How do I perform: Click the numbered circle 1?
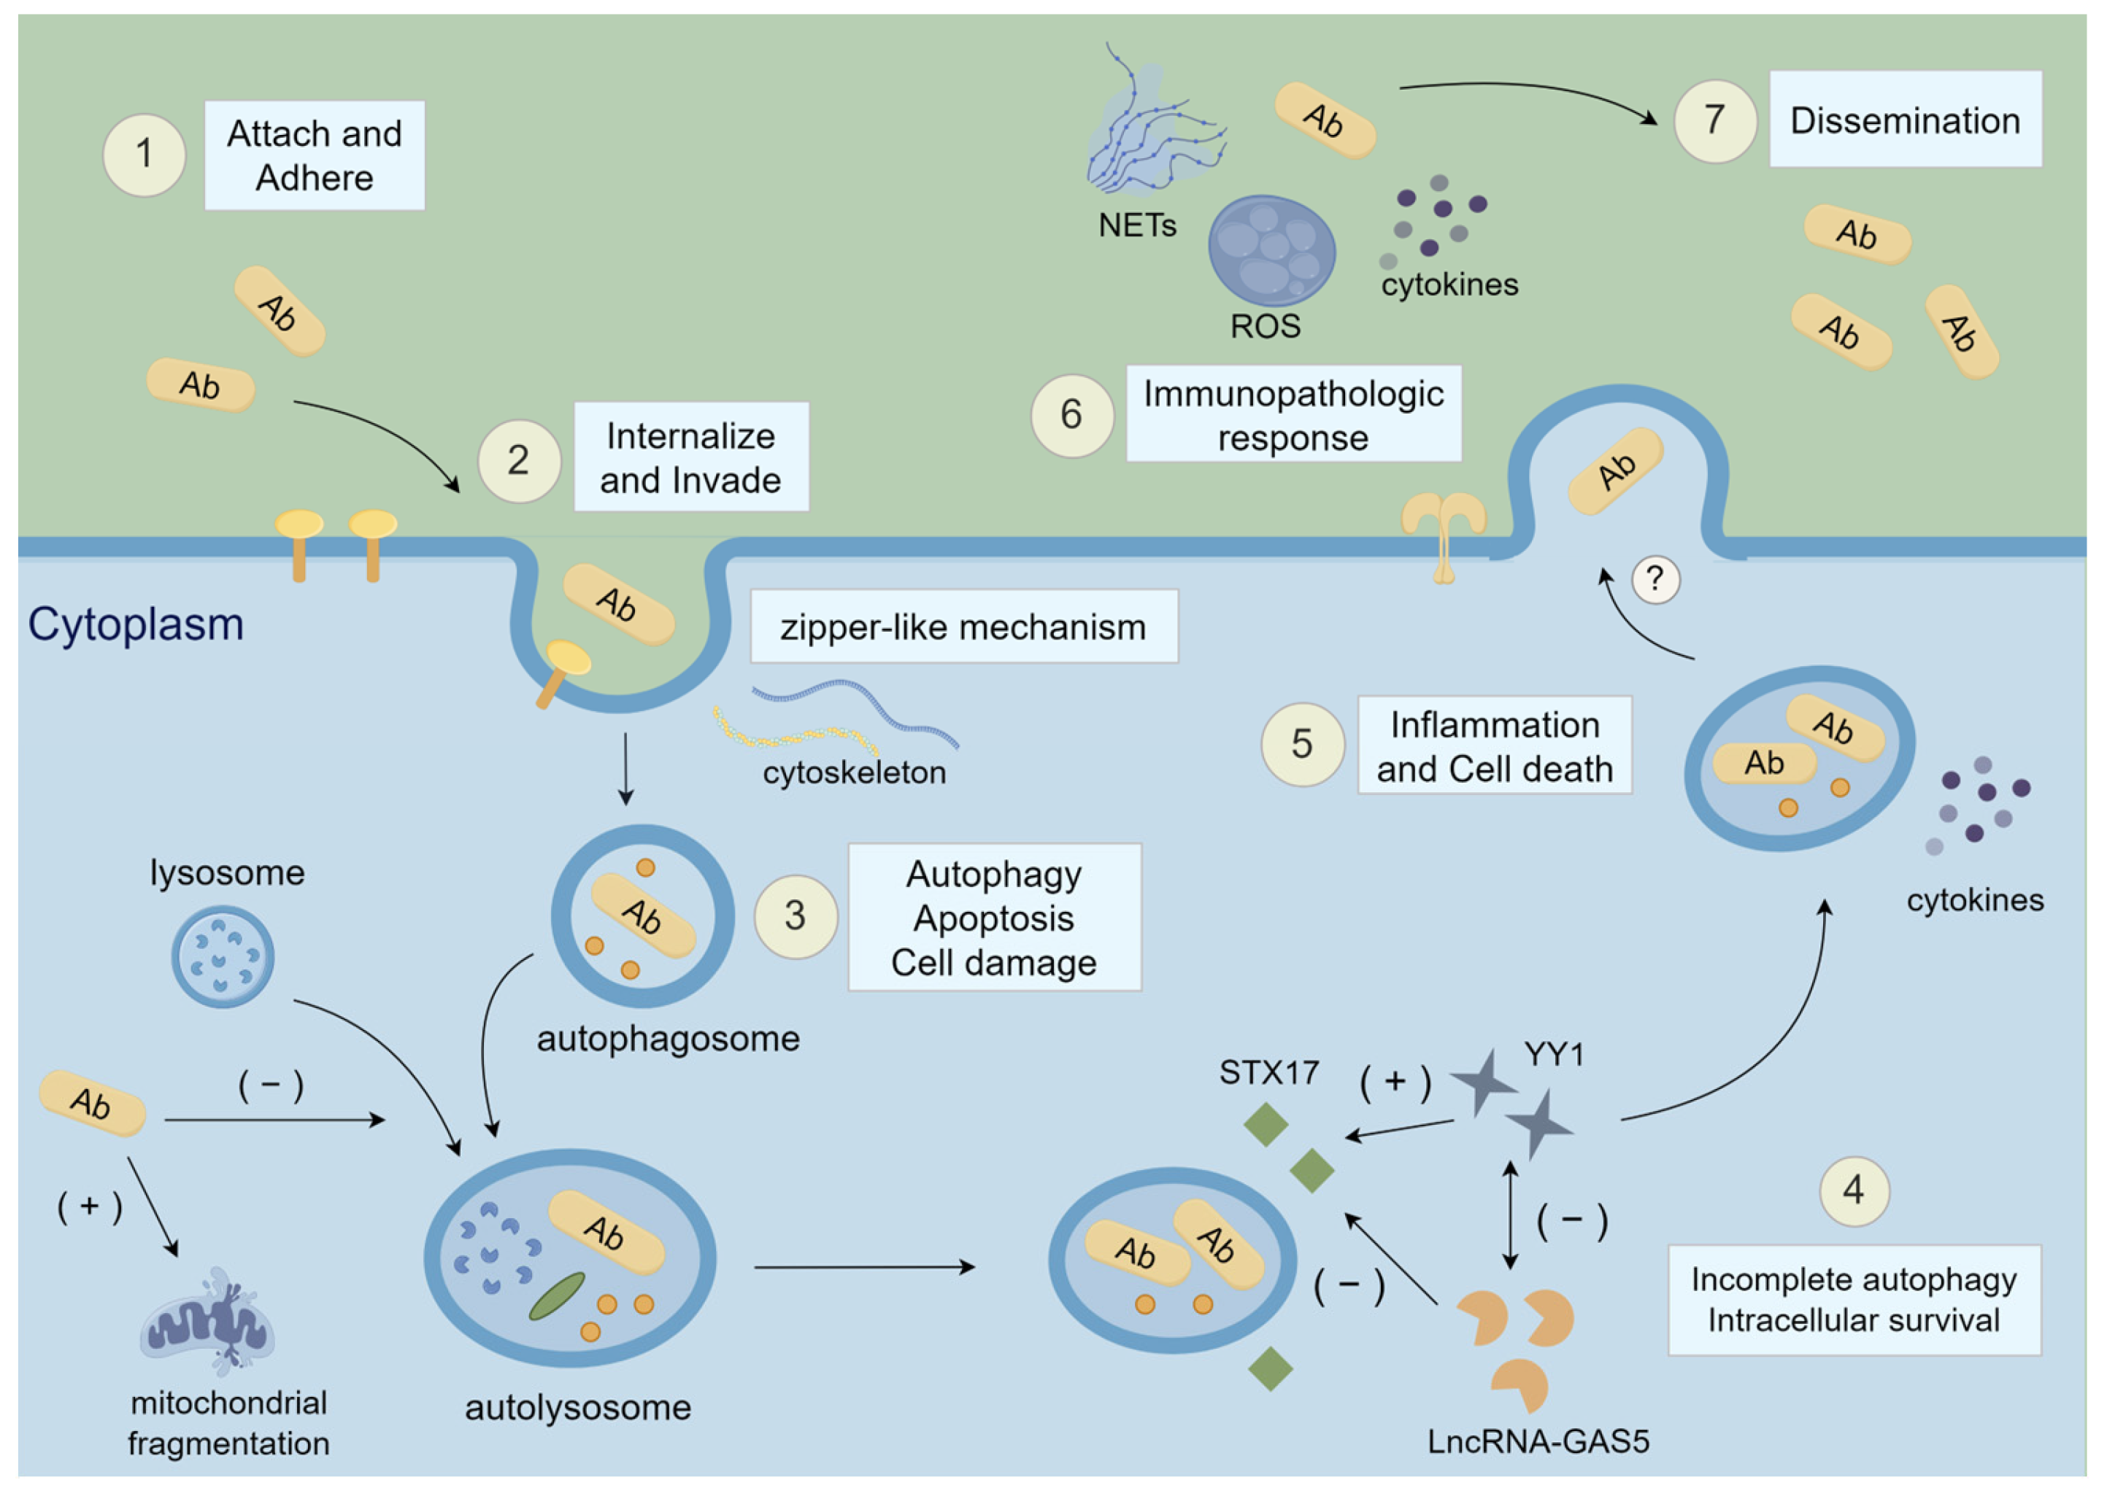(144, 155)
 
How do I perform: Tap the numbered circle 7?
(1714, 121)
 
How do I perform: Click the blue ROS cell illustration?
(1272, 250)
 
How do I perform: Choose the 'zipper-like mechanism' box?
(964, 626)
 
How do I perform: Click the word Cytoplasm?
(136, 624)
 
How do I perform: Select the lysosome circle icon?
(223, 956)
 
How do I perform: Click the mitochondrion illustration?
(208, 1321)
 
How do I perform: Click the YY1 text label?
(1554, 1053)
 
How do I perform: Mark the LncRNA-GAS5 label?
(1538, 1441)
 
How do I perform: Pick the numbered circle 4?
(1854, 1190)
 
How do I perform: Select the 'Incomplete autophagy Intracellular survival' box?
(1854, 1300)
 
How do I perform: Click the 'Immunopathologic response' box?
(1293, 414)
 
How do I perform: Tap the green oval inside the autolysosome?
(556, 1296)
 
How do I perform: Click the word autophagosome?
(669, 1039)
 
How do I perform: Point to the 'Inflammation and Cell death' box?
(1495, 745)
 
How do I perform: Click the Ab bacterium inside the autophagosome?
(643, 915)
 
